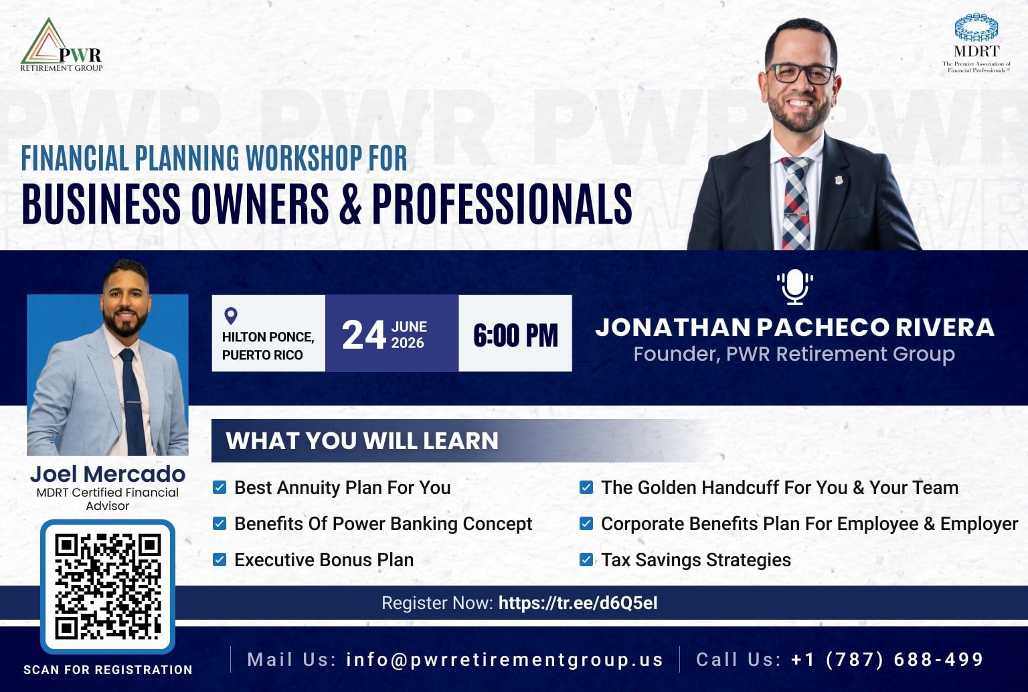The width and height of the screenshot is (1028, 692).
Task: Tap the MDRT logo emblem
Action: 976,27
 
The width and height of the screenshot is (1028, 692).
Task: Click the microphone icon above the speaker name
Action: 795,287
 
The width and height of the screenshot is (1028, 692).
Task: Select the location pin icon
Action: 230,316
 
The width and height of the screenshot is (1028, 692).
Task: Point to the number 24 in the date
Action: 363,335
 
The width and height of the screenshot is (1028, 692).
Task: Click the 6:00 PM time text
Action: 515,335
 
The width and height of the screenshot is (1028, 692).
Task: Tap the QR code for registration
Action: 108,586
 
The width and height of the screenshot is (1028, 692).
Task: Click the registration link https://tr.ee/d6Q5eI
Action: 578,602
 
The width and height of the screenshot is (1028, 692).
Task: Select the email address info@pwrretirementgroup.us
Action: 505,659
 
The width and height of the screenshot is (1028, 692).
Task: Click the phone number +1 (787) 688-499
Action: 887,659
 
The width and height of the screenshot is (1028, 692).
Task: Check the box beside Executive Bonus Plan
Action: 220,560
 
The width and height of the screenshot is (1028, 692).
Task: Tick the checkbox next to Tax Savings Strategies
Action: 586,560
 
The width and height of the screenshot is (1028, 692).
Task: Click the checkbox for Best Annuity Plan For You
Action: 220,487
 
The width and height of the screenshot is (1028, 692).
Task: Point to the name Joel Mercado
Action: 108,474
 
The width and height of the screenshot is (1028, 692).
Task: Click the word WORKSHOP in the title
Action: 304,159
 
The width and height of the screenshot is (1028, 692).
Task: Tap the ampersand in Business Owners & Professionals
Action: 351,204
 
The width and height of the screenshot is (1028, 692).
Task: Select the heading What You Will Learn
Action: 361,440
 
